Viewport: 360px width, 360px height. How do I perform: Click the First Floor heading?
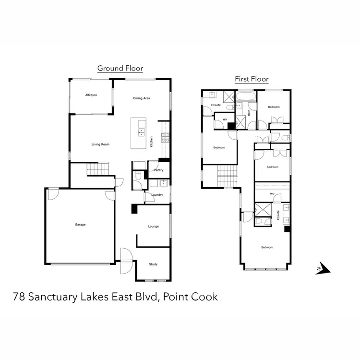point(251,79)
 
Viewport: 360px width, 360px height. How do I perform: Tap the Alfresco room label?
point(91,96)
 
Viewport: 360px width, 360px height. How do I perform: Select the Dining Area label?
point(142,98)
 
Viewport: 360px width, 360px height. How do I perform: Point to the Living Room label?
point(101,144)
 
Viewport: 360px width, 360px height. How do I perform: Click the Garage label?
point(80,224)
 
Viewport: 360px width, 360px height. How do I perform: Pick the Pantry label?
point(159,170)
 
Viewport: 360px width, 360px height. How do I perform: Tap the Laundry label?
point(157,195)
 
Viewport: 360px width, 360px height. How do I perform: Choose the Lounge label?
point(153,227)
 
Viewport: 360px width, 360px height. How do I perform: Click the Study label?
point(153,264)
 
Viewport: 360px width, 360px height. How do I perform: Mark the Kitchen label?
point(151,141)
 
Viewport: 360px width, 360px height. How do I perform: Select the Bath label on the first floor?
point(249,113)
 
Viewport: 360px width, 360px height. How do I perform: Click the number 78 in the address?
point(19,297)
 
